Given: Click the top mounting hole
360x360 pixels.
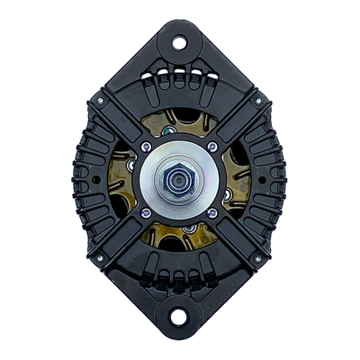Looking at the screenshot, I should click(x=178, y=41).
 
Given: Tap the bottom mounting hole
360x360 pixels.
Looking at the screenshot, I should click(x=178, y=317).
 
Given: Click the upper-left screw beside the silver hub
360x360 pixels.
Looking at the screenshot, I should click(x=146, y=147).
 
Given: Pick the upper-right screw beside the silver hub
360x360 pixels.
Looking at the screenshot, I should click(x=212, y=147).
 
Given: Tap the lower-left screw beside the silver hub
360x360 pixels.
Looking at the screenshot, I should click(x=146, y=213).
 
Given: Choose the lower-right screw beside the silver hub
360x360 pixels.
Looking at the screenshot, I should click(x=212, y=213).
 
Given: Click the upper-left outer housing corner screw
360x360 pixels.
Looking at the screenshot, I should click(x=101, y=101).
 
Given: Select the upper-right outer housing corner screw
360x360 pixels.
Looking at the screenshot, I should click(x=258, y=101).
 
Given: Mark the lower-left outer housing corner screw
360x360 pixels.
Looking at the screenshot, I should click(x=101, y=258).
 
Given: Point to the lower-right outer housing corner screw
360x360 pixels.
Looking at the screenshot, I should click(x=258, y=258).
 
